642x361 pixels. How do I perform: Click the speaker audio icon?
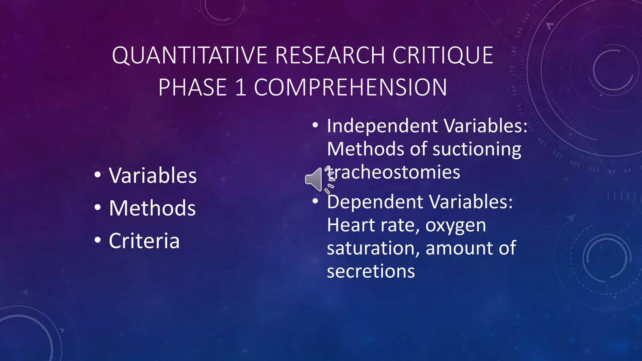(314, 180)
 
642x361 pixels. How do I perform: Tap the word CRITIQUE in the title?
(443, 55)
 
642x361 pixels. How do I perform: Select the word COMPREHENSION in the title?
(350, 87)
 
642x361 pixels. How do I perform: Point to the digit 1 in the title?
(240, 87)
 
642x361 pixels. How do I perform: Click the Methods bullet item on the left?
(152, 208)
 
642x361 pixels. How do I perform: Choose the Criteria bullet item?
(144, 241)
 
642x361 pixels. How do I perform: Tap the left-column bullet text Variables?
(153, 175)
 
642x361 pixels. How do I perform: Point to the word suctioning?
(477, 149)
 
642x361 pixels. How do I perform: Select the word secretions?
(371, 271)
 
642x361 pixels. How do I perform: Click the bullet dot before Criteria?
(97, 240)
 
